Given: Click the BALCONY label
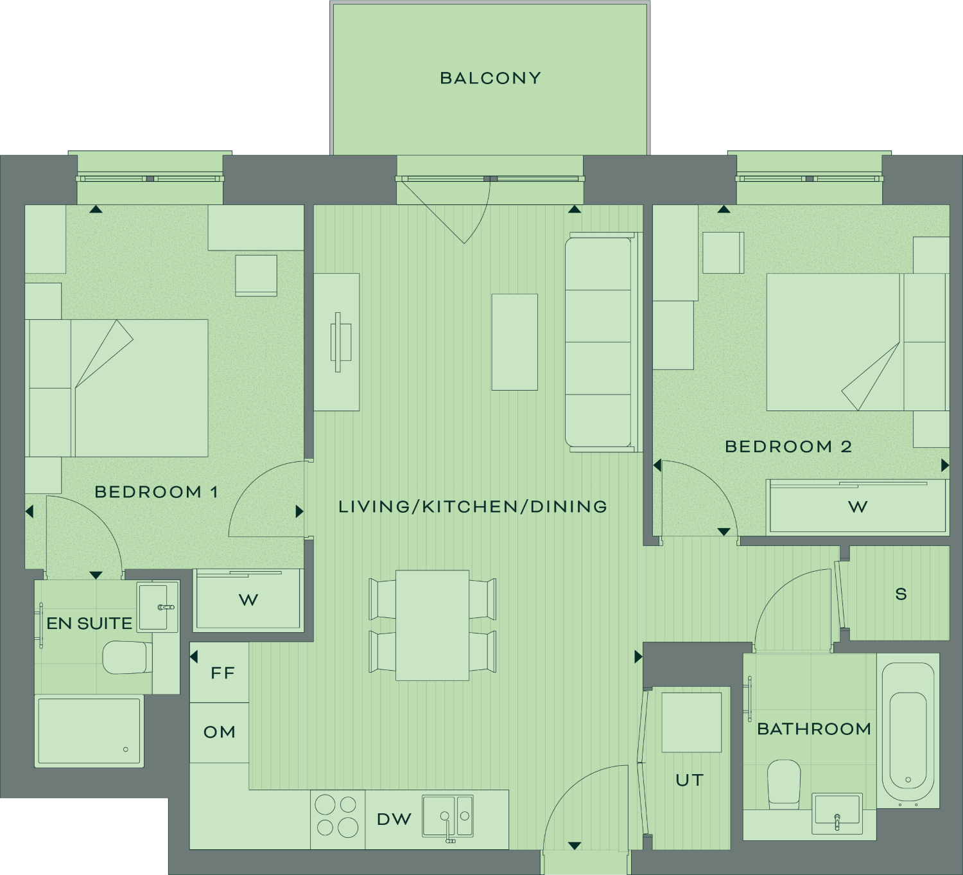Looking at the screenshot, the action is click(x=490, y=78).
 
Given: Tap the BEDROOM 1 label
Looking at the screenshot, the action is click(x=157, y=492).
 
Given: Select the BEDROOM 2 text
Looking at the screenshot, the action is click(x=788, y=447).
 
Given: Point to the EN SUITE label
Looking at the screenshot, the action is click(x=89, y=624).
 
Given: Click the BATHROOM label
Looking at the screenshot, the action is click(x=814, y=729).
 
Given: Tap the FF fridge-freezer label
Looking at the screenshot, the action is click(x=223, y=673).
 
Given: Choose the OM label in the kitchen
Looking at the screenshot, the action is click(x=220, y=732).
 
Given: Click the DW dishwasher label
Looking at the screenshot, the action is click(x=394, y=819).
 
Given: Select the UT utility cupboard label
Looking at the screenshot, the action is click(x=690, y=781).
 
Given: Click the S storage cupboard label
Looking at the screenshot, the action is click(x=901, y=594).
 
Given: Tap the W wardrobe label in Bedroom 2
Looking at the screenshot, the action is click(x=858, y=507).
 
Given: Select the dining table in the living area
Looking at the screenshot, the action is click(x=432, y=625).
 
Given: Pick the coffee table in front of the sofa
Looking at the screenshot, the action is click(x=515, y=342).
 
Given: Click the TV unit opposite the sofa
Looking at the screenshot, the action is click(x=336, y=342).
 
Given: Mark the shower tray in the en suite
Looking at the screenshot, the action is click(x=89, y=731).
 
